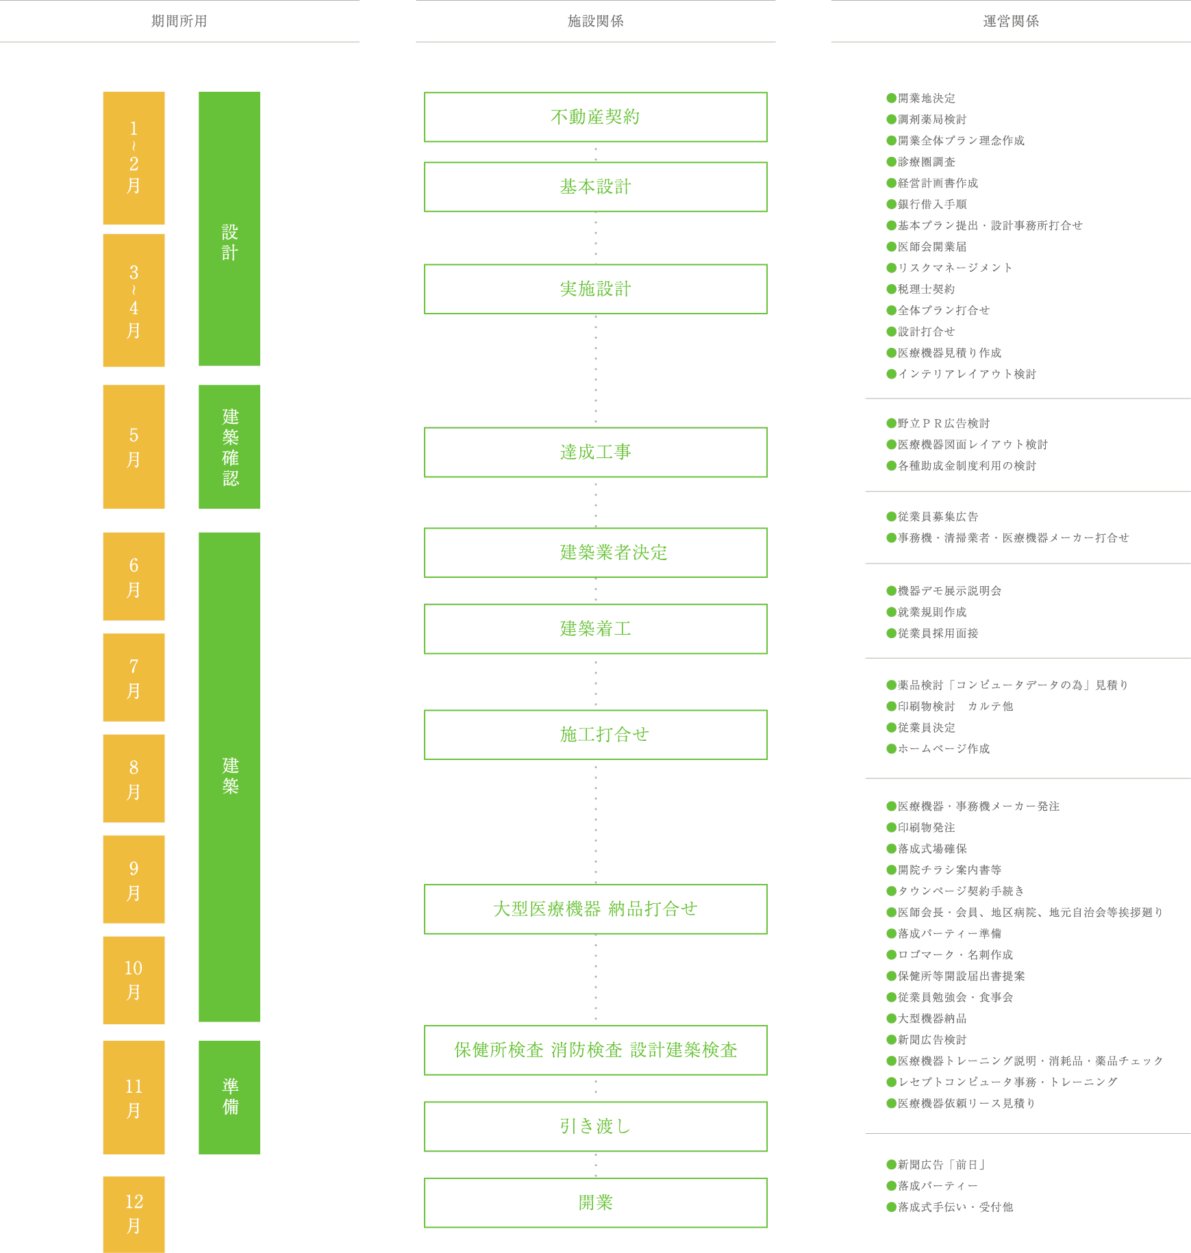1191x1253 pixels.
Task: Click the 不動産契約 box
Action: pyautogui.click(x=595, y=117)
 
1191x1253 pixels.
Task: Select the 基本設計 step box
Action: pyautogui.click(x=595, y=187)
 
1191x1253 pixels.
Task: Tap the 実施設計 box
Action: pyautogui.click(x=595, y=289)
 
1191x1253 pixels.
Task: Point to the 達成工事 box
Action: pyautogui.click(x=595, y=452)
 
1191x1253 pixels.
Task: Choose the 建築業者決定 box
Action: pyautogui.click(x=595, y=553)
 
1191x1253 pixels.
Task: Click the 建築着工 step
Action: pyautogui.click(x=595, y=629)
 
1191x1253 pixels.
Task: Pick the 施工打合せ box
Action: pyautogui.click(x=595, y=735)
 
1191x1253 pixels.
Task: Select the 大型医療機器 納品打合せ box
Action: pyautogui.click(x=595, y=909)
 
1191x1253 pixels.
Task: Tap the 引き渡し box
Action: pyautogui.click(x=595, y=1126)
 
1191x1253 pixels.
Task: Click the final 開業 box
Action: pyautogui.click(x=595, y=1203)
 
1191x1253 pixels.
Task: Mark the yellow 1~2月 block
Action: pyautogui.click(x=134, y=157)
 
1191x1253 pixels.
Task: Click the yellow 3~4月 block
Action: pyautogui.click(x=134, y=300)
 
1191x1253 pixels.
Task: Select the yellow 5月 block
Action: pyautogui.click(x=134, y=446)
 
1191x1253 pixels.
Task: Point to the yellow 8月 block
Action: pyautogui.click(x=134, y=779)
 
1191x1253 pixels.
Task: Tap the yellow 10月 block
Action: pyautogui.click(x=134, y=980)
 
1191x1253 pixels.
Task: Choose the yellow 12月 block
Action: pyautogui.click(x=134, y=1214)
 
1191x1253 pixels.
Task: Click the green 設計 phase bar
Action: pyautogui.click(x=229, y=228)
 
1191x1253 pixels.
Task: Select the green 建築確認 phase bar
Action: pyautogui.click(x=229, y=446)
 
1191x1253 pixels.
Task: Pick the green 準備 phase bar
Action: pyautogui.click(x=229, y=1097)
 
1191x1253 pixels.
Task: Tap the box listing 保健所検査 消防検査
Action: pyautogui.click(x=595, y=1050)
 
